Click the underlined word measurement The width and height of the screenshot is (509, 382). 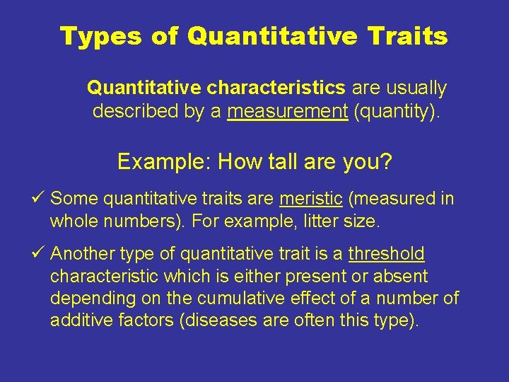[288, 112]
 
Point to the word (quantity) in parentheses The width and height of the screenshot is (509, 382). [397, 112]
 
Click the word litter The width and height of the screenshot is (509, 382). [312, 221]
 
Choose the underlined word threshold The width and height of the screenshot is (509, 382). [387, 254]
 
